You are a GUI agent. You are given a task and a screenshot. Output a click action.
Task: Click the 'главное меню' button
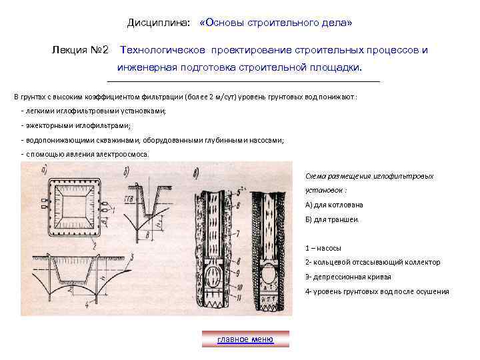pos(245,339)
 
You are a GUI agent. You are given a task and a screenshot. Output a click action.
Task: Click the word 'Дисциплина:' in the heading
pos(159,23)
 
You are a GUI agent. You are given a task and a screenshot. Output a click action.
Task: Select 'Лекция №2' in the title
pos(80,49)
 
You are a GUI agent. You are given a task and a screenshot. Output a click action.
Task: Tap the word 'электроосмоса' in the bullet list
pos(122,154)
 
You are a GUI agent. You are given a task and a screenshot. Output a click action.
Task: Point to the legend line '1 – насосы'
pos(323,248)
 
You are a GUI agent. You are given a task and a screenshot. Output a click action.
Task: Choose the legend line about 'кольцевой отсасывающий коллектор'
pos(373,263)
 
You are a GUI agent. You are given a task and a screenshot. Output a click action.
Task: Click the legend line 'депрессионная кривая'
pos(348,277)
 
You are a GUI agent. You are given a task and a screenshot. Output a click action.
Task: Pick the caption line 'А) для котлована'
pos(334,205)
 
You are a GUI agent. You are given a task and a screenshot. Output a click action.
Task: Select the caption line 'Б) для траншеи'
pos(332,219)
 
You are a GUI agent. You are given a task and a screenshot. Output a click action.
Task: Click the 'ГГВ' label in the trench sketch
pos(130,199)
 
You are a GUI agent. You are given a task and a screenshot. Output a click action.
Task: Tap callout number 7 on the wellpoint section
pos(237,235)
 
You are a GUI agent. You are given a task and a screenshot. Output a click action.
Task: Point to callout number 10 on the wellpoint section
pos(239,287)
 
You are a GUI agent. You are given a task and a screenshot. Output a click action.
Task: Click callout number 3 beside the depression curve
pos(132,257)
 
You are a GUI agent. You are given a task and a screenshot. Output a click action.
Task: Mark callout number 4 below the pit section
pos(87,305)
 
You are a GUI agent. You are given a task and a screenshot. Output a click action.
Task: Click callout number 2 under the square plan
pos(95,245)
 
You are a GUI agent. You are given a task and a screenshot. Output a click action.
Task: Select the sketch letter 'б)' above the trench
pos(127,172)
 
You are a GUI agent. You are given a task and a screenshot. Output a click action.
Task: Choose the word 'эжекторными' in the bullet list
pos(49,125)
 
